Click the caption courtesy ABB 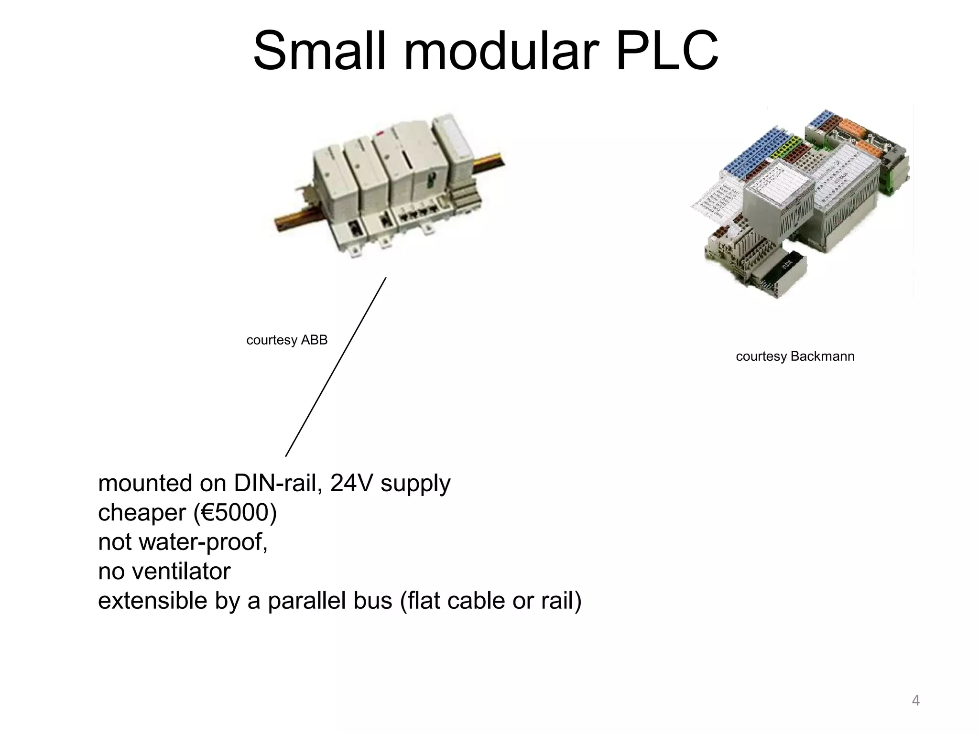click(x=287, y=340)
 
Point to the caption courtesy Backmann click(x=795, y=356)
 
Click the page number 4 click(x=915, y=701)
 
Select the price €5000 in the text click(x=235, y=513)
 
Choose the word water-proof click(x=204, y=542)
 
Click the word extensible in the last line click(x=152, y=601)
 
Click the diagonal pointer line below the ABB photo click(x=336, y=367)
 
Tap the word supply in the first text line click(x=415, y=484)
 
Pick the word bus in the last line click(x=373, y=601)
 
